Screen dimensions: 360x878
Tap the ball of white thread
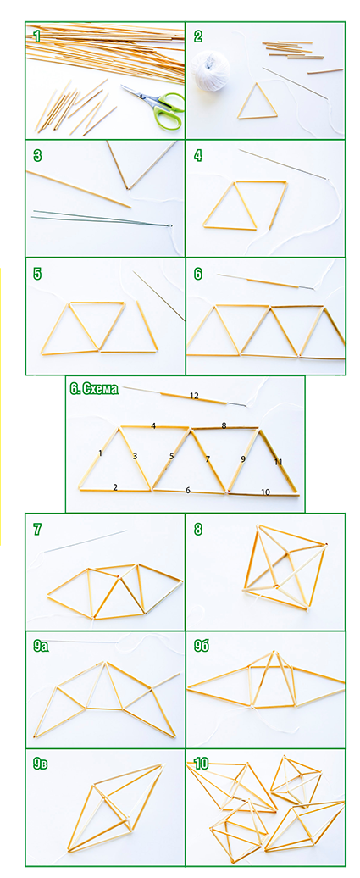pyautogui.click(x=210, y=70)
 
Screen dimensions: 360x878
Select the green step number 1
pyautogui.click(x=37, y=37)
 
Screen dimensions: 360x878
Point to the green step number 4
pyautogui.click(x=198, y=155)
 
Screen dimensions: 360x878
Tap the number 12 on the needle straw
pyautogui.click(x=194, y=396)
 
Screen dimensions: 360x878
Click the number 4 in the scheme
pyautogui.click(x=153, y=426)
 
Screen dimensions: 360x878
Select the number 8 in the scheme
pyautogui.click(x=224, y=425)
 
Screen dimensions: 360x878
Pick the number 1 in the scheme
pyautogui.click(x=100, y=453)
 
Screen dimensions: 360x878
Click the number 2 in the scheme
pyautogui.click(x=115, y=487)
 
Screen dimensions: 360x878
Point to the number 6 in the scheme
pyautogui.click(x=188, y=491)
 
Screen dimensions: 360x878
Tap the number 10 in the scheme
pyautogui.click(x=265, y=492)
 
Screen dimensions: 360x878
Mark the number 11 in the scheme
pyautogui.click(x=278, y=463)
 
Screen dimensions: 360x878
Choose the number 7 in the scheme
pyautogui.click(x=208, y=459)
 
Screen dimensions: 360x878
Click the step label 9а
pyautogui.click(x=41, y=647)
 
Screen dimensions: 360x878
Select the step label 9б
pyautogui.click(x=202, y=647)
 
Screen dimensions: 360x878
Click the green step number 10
pyautogui.click(x=201, y=763)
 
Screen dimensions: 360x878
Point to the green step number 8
pyautogui.click(x=198, y=529)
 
